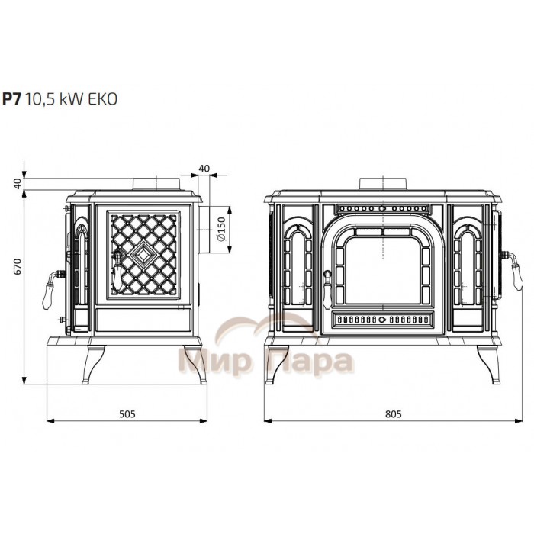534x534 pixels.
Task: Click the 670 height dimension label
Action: pyautogui.click(x=18, y=266)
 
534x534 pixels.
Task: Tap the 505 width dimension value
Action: pyautogui.click(x=127, y=413)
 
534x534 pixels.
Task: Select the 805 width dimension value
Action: pyautogui.click(x=394, y=413)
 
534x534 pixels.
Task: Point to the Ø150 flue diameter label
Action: pyautogui.click(x=221, y=229)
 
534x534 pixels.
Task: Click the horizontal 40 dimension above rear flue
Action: pyautogui.click(x=204, y=169)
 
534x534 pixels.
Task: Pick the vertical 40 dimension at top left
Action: pyautogui.click(x=18, y=183)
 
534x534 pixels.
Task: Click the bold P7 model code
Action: pyautogui.click(x=12, y=98)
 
